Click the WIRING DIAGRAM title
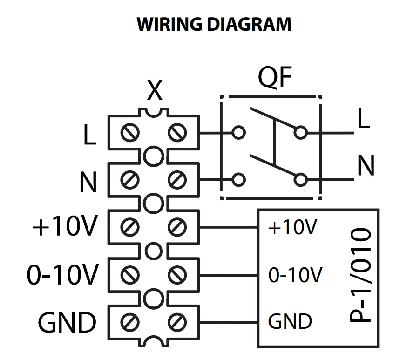pyautogui.click(x=214, y=24)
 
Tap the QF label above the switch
pyautogui.click(x=275, y=79)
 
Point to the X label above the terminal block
pyautogui.click(x=155, y=91)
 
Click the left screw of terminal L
pyautogui.click(x=130, y=133)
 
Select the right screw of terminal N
pyautogui.click(x=176, y=179)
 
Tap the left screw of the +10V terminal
pyautogui.click(x=130, y=228)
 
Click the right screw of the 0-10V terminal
pyautogui.click(x=176, y=275)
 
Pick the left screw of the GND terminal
pyautogui.click(x=130, y=321)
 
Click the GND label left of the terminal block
pyautogui.click(x=67, y=322)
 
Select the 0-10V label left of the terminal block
pyautogui.click(x=62, y=276)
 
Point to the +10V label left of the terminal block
pyautogui.click(x=65, y=228)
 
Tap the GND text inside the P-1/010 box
pyautogui.click(x=290, y=322)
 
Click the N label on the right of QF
pyautogui.click(x=366, y=166)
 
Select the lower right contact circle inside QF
pyautogui.click(x=301, y=179)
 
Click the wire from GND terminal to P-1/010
pyautogui.click(x=228, y=322)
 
